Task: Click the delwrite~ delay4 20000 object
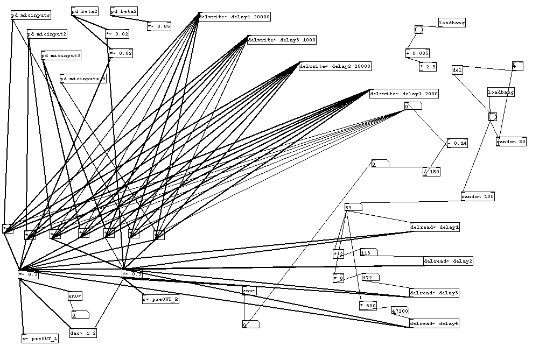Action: (x=234, y=17)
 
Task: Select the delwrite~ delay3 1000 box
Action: (x=282, y=40)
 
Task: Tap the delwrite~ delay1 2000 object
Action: (x=404, y=94)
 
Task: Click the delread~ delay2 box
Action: (x=448, y=262)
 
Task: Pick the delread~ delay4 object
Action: (x=434, y=324)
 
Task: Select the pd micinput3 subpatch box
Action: (x=61, y=56)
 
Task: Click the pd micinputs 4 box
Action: (x=83, y=79)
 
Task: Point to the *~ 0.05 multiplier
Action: (x=159, y=26)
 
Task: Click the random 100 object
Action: (x=478, y=197)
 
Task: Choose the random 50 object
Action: (x=511, y=142)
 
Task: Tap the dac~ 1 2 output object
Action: (x=83, y=334)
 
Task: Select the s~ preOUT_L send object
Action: (x=40, y=340)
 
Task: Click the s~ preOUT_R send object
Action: (x=161, y=300)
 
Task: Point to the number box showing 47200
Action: (x=401, y=311)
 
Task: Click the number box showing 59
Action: (x=353, y=208)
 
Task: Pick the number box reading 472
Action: (x=370, y=278)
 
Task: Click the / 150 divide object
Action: (x=431, y=172)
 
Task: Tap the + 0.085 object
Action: (x=417, y=54)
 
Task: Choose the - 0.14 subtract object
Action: (x=457, y=144)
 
